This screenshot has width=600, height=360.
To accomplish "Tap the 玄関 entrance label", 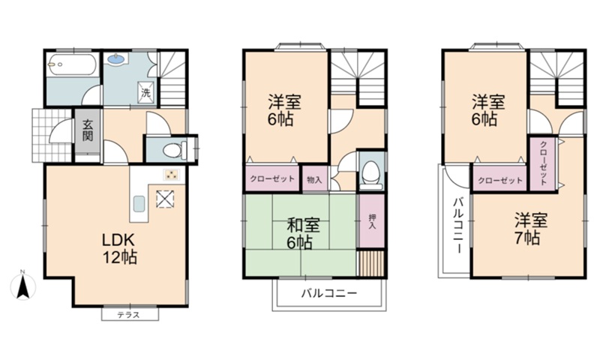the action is coord(88,130).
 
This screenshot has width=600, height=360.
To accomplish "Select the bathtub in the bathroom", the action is coord(71,65).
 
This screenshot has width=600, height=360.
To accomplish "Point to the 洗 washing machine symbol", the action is coord(145,92).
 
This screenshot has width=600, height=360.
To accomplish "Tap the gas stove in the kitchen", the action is coord(171,175).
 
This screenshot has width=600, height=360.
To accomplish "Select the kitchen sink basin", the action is coord(139,204).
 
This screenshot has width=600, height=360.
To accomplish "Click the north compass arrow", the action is coord(23,286).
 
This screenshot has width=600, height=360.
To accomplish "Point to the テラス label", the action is coord(128,315).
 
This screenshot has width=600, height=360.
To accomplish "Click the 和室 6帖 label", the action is coord(303,234).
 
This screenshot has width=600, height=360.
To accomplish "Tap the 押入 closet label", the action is coord(372,221).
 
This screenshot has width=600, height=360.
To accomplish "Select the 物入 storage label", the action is coord(314,179).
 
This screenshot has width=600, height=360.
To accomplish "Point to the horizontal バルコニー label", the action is coord(328,293).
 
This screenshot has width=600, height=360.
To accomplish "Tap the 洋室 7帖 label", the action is coord(530,229).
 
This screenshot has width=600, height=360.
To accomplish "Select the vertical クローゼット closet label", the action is coord(542,163).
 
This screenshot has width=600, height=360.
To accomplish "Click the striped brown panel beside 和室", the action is coord(370,262).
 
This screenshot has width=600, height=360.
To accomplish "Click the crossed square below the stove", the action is coord(165,199).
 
